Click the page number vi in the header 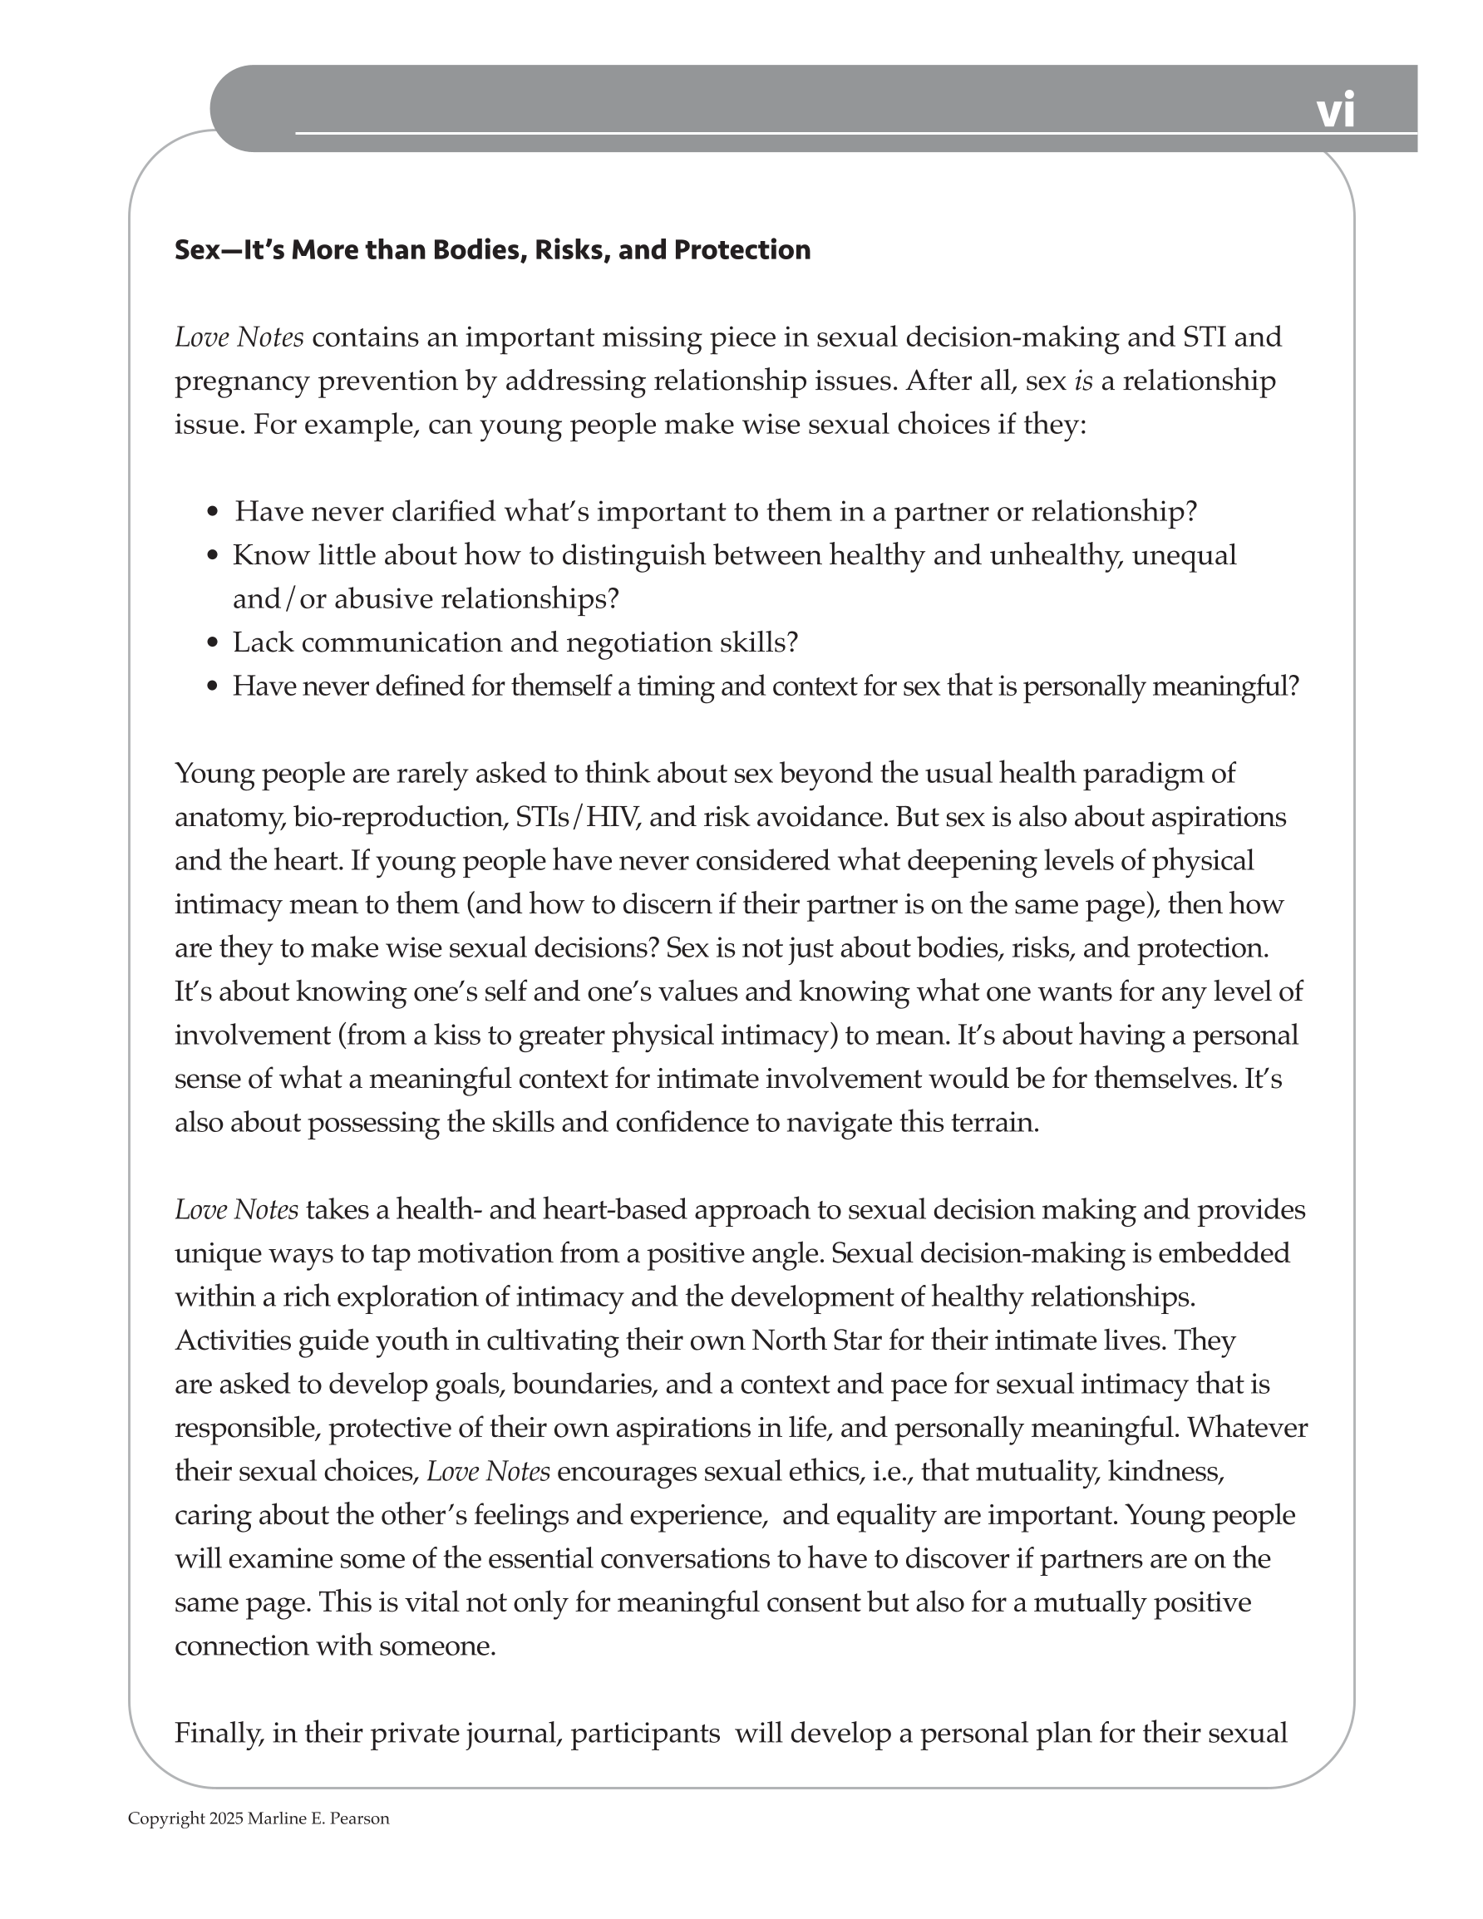click(x=1334, y=111)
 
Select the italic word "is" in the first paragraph click(x=1083, y=381)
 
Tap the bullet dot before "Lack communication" click(x=212, y=643)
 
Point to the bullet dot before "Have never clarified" click(x=212, y=512)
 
